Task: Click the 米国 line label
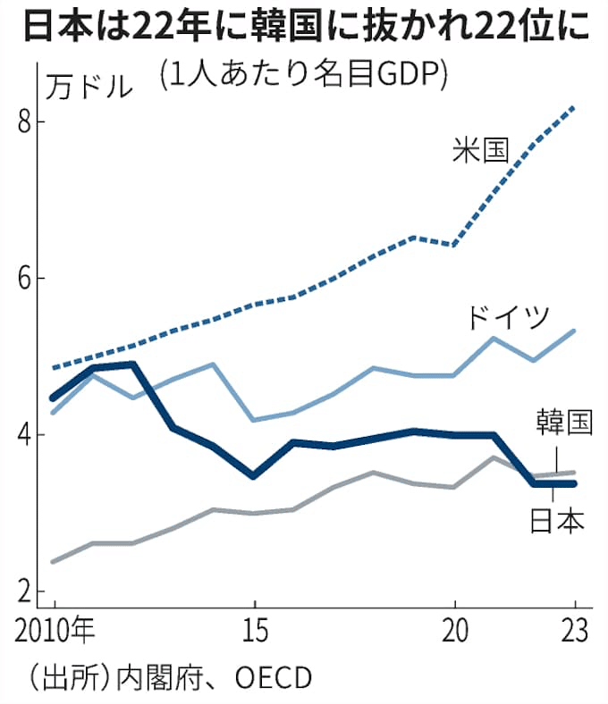click(x=480, y=150)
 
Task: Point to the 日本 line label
click(x=557, y=519)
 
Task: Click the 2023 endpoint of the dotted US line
click(x=574, y=107)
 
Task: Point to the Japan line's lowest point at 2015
click(x=255, y=475)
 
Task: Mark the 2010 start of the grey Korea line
click(x=54, y=561)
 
